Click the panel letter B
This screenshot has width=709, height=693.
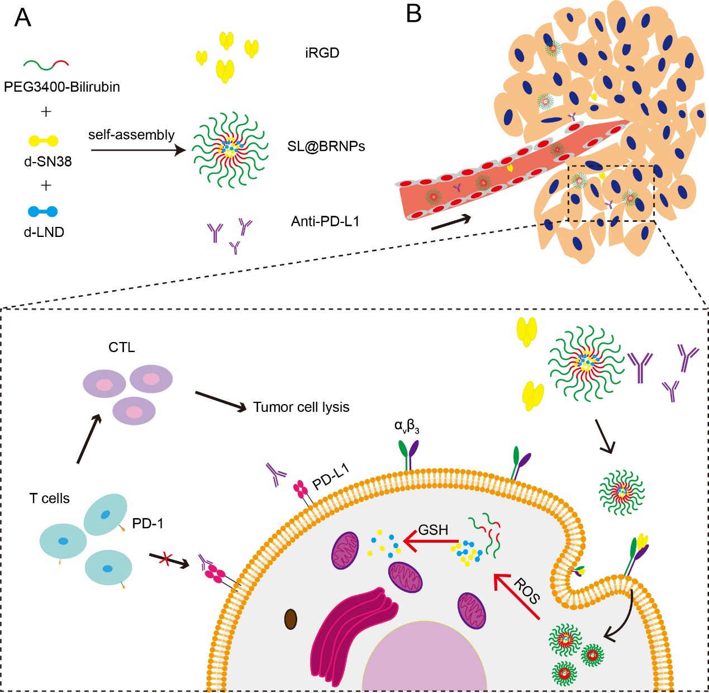click(413, 13)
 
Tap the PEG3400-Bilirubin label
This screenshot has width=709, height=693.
click(61, 87)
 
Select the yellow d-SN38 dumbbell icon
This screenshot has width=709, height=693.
click(43, 141)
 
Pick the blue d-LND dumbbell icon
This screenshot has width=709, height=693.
click(43, 211)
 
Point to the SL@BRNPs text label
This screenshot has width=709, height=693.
click(326, 146)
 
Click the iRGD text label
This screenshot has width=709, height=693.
click(322, 53)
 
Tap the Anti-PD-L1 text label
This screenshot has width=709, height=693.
click(325, 222)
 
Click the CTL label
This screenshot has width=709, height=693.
click(122, 348)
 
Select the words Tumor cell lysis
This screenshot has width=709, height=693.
click(301, 407)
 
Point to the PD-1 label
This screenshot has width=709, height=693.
click(147, 524)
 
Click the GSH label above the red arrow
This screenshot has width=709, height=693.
click(433, 529)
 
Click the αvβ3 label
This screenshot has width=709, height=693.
click(407, 426)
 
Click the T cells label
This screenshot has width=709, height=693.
click(50, 499)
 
